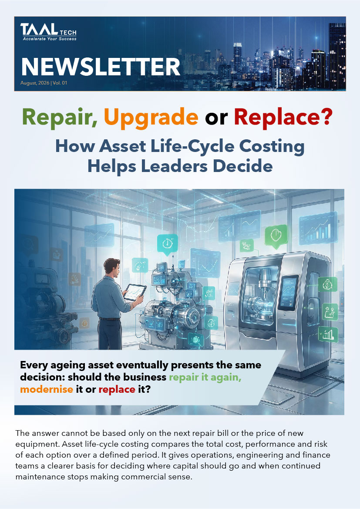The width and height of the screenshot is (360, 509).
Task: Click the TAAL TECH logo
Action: click(x=48, y=31)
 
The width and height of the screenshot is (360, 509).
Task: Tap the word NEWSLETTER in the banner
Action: click(x=100, y=67)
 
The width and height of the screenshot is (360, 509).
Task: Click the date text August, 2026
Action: click(x=35, y=83)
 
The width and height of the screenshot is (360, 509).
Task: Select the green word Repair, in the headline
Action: click(x=60, y=117)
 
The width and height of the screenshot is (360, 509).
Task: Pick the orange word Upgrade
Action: click(x=151, y=117)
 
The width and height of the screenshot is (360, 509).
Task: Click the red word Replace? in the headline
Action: click(x=283, y=117)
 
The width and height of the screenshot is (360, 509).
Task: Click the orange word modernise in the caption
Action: click(x=47, y=389)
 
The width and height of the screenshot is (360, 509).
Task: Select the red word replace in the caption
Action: click(x=117, y=389)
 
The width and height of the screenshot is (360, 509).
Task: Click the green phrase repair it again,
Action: click(x=205, y=378)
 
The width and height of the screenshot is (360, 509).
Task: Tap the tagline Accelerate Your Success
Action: click(x=50, y=39)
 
